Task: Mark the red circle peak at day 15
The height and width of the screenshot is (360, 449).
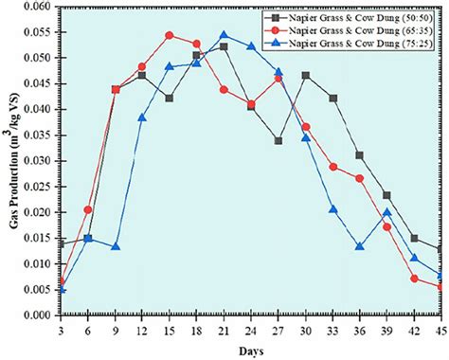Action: point(169,35)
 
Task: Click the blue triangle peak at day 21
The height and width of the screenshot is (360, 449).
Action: point(224,35)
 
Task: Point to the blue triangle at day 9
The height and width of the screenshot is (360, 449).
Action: point(115,246)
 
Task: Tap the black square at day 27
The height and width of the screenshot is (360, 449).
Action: point(278,140)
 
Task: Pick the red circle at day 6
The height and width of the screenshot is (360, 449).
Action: point(88,209)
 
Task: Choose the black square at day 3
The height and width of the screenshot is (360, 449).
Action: point(61,244)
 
